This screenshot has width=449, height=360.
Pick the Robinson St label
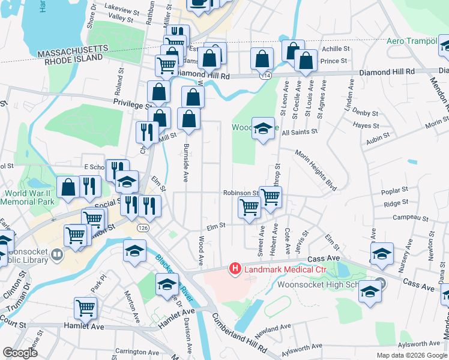pos(240,193)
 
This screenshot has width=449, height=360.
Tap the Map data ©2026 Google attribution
pos(411,355)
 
